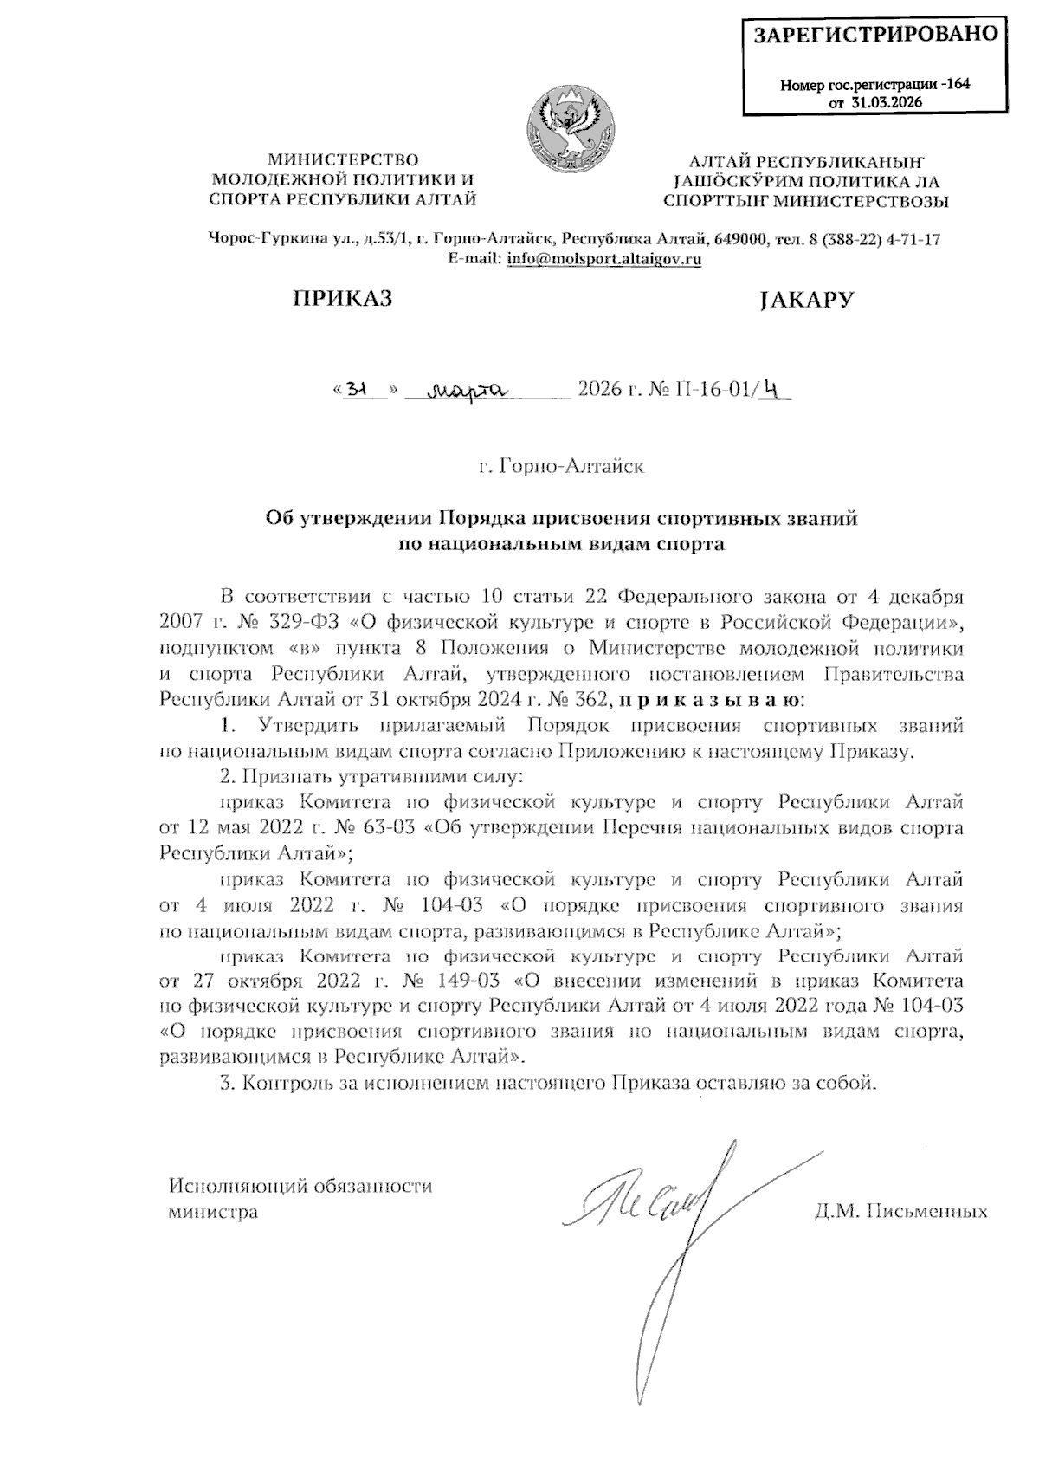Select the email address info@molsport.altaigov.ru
[603, 258]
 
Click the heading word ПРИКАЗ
[342, 299]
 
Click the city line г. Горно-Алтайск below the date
[563, 467]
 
